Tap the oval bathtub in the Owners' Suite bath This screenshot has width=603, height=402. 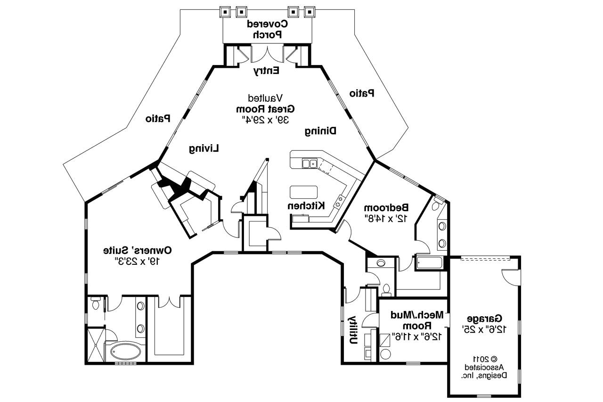pyautogui.click(x=125, y=351)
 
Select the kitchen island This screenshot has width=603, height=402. pyautogui.click(x=304, y=192)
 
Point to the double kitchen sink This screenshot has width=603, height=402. pyautogui.click(x=309, y=164)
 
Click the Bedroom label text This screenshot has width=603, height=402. pyautogui.click(x=392, y=207)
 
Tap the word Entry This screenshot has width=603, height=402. pyautogui.click(x=267, y=71)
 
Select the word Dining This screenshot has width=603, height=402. pyautogui.click(x=320, y=131)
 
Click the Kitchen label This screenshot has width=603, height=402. pyautogui.click(x=307, y=205)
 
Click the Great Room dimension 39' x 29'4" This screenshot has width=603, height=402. pyautogui.click(x=265, y=120)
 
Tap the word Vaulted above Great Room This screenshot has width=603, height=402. pyautogui.click(x=266, y=98)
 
